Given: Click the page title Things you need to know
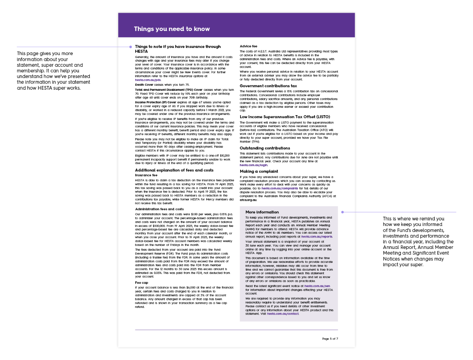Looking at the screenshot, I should coord(172,29).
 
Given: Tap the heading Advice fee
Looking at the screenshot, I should coord(248,47).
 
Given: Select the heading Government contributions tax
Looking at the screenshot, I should coord(268,86).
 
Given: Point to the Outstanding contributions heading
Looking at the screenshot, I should coord(265,148).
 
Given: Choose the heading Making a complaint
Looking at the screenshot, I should coord(259,171).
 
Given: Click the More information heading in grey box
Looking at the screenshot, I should coord(262,212).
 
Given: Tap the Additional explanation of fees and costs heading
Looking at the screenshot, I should coord(174,170).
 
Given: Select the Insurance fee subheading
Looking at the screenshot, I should coord(146,175).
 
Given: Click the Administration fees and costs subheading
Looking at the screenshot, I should coord(159,209).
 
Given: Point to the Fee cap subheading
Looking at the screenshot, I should coord(142,283).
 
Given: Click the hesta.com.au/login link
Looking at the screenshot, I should coord(253,165).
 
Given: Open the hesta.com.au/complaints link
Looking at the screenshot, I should coord(279,188).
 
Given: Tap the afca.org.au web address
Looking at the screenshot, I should coord(248,200).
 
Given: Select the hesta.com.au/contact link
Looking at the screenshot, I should coord(283,314).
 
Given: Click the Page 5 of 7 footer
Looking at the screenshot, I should coord(330,339).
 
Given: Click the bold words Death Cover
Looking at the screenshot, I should coord(144,85).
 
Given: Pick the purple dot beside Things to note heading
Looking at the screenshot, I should coord(130,47).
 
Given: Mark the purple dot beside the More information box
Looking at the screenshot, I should coord(343,212).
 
